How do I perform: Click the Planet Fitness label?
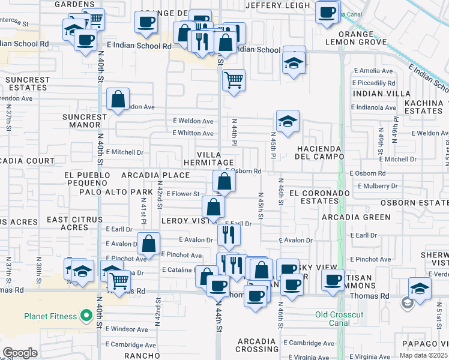[x=50, y=316]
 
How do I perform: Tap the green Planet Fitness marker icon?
[x=86, y=316]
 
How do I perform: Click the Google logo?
[x=19, y=353]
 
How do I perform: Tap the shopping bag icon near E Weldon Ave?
[x=118, y=100]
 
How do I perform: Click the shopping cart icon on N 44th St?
[x=234, y=80]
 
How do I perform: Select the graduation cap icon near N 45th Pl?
[x=288, y=122]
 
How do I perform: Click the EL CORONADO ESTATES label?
[x=319, y=197]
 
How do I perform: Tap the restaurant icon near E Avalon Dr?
[x=229, y=235]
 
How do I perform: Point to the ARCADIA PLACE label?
[x=155, y=175]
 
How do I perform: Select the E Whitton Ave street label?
[x=193, y=133]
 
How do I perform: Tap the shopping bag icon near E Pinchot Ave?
[x=148, y=244]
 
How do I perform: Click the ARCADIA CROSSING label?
[x=258, y=344]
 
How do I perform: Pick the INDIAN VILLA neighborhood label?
[x=378, y=94]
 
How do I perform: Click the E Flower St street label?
[x=182, y=194]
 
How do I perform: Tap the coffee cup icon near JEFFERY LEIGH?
[x=327, y=13]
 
